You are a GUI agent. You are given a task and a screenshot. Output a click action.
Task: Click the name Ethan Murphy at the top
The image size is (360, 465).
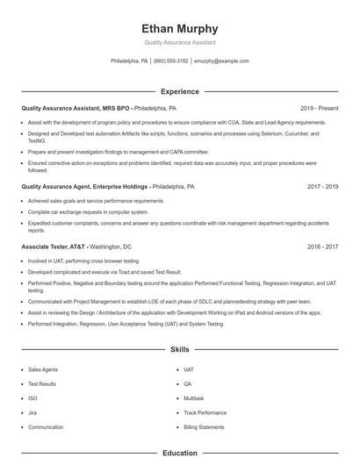point(180,28)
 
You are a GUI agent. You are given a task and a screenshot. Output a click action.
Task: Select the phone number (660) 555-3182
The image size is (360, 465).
point(170,61)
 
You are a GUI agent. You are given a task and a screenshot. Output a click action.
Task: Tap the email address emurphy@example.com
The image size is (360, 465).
point(221,61)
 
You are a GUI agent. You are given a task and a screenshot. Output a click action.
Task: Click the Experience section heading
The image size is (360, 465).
point(180,91)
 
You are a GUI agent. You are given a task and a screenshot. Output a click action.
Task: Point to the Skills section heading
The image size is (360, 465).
point(180,350)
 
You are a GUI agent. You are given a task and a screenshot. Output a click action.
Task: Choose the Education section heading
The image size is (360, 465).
point(180,453)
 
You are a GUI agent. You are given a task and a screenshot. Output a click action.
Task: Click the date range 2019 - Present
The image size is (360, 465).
point(319,108)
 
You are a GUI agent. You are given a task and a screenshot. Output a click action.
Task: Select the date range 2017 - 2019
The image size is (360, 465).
point(322,187)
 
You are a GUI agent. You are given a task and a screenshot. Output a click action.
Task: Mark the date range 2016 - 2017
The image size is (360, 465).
point(322,247)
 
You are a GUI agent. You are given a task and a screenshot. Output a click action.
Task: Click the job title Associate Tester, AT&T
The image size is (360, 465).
point(53,247)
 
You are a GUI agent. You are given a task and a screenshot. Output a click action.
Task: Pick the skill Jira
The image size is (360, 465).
point(32,412)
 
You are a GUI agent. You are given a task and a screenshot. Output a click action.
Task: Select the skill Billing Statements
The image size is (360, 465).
point(204,427)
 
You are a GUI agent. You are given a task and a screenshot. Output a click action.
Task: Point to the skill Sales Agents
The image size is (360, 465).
point(43,369)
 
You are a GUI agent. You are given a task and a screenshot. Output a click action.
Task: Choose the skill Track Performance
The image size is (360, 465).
point(205,412)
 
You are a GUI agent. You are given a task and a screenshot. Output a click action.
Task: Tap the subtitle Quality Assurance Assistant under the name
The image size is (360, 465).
point(180,42)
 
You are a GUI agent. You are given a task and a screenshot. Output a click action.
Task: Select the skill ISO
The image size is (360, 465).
point(32,398)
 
